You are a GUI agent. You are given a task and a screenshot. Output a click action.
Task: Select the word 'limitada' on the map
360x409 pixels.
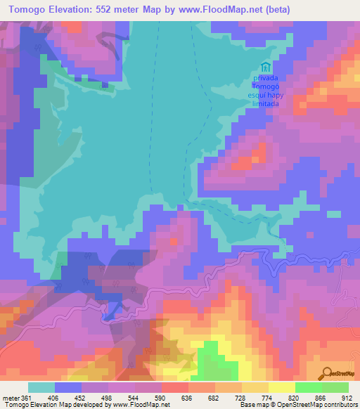pos(264,103)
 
